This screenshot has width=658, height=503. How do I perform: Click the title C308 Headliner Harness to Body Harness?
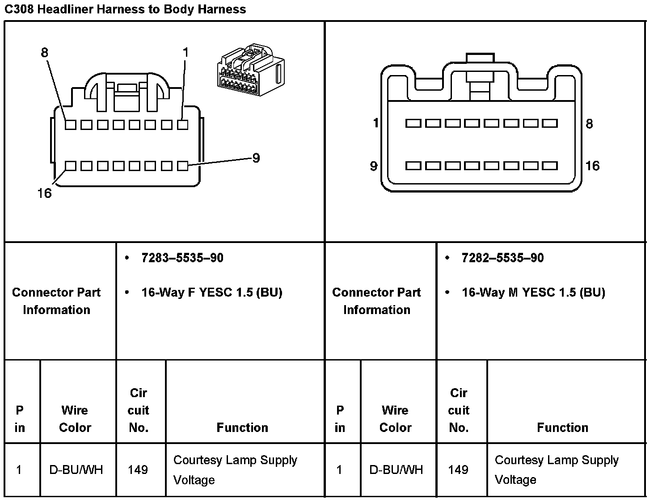[x=125, y=9]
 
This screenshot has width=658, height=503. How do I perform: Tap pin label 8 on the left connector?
[x=44, y=53]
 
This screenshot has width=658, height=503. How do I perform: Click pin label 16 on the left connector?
[x=44, y=193]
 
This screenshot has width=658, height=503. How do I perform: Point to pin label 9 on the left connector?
[x=256, y=158]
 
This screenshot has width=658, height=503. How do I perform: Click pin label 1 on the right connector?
[x=376, y=123]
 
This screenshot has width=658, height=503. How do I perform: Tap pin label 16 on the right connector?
[x=592, y=166]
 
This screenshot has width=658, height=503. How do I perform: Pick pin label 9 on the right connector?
[x=374, y=166]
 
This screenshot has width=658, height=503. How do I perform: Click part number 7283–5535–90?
[x=182, y=258]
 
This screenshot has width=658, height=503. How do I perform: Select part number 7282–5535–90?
[x=502, y=258]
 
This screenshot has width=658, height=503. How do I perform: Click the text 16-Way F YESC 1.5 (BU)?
[x=211, y=293]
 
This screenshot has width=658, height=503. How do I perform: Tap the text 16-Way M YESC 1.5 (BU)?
[x=533, y=293]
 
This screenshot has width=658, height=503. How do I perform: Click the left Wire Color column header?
[x=75, y=419]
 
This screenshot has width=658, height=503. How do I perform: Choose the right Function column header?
[x=562, y=428]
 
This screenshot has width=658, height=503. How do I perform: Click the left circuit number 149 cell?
[x=138, y=469]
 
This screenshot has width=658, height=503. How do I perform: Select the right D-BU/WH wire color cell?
[x=396, y=469]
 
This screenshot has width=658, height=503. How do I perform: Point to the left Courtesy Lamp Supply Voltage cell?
[x=235, y=469]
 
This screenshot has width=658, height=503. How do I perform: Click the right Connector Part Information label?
[x=376, y=301]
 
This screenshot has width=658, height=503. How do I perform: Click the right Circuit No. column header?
[x=459, y=410]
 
